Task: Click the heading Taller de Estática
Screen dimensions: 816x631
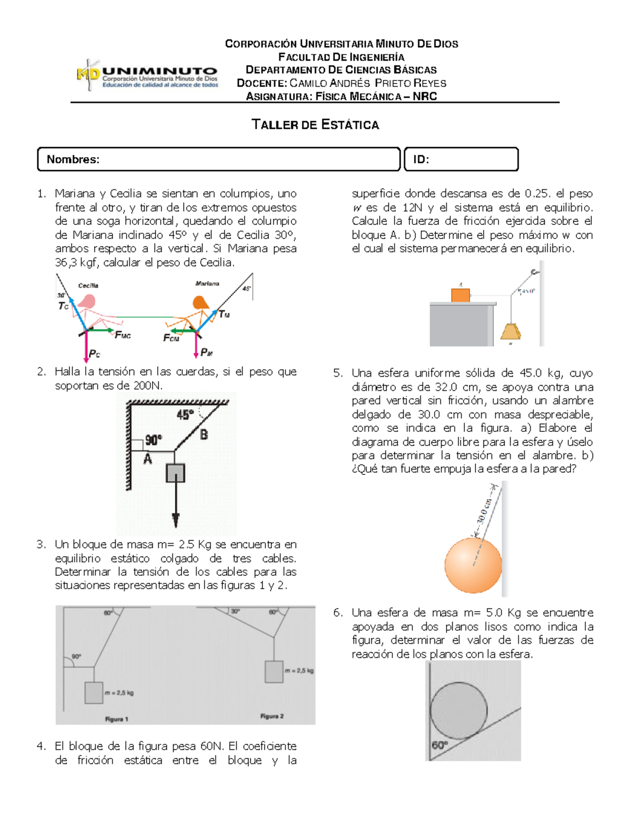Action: pyautogui.click(x=315, y=125)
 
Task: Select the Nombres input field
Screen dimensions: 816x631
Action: pyautogui.click(x=219, y=159)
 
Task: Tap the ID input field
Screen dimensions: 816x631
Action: pyautogui.click(x=461, y=159)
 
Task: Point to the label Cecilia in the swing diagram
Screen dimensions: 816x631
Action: pyautogui.click(x=88, y=286)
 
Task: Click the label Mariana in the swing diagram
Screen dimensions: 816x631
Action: pyautogui.click(x=207, y=284)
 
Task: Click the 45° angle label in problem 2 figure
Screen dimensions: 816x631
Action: pyautogui.click(x=185, y=415)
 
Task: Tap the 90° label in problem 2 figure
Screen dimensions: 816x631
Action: pyautogui.click(x=154, y=440)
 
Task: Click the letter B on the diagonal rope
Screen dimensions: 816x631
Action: pyautogui.click(x=204, y=435)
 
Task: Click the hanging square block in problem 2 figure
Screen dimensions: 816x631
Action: pyautogui.click(x=175, y=473)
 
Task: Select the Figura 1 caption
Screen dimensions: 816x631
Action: pyautogui.click(x=116, y=719)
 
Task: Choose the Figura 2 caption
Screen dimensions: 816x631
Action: pyautogui.click(x=272, y=716)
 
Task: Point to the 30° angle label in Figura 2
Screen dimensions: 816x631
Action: pyautogui.click(x=235, y=611)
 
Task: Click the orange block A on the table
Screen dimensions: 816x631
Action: pyautogui.click(x=460, y=295)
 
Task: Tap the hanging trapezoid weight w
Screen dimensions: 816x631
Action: pyautogui.click(x=511, y=332)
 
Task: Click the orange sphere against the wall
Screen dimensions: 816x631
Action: pyautogui.click(x=473, y=565)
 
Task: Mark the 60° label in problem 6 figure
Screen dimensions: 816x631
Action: pyautogui.click(x=439, y=745)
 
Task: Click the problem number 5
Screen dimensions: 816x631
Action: pyautogui.click(x=337, y=374)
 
